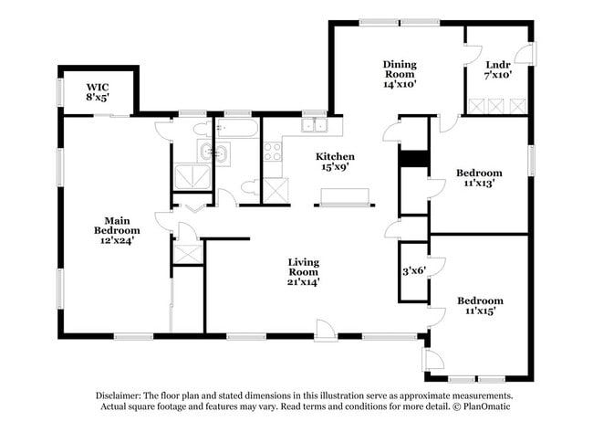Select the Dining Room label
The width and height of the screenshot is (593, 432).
pos(399,74)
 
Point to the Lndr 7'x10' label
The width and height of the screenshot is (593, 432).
pos(497,70)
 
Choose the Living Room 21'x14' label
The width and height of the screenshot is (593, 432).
pos(305,272)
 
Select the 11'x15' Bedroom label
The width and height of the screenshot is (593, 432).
pos(479,306)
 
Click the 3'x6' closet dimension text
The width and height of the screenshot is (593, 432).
pos(415,271)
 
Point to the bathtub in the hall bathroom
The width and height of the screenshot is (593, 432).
pos(238,127)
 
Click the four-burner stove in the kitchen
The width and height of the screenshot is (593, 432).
pos(274,152)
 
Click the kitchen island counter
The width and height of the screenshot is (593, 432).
pos(345,195)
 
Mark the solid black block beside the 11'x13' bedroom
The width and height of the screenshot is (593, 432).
pos(414,159)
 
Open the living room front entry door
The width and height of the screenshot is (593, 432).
pos(325,329)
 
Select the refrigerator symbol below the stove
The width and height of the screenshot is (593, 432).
pos(276,190)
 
